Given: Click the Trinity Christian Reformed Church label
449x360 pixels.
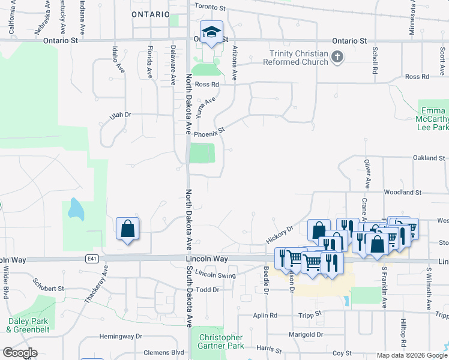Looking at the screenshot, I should coord(299,58).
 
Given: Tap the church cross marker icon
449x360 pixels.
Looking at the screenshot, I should coord(337,58).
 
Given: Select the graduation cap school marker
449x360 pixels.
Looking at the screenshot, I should coord(211,34).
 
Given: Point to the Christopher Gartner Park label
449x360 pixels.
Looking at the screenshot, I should coord(220,342).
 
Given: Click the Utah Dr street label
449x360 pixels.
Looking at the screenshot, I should coord(119,115).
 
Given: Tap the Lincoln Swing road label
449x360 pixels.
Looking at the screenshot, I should coord(215,275).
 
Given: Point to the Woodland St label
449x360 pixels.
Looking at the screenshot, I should coord(403,192).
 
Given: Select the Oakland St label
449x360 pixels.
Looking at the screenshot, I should coord(428,158).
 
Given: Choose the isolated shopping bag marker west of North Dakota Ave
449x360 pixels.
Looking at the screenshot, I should coord(128,229).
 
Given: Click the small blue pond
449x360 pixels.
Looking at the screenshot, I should coord(76,208).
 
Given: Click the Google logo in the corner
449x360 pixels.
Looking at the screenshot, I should coord(20,353).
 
